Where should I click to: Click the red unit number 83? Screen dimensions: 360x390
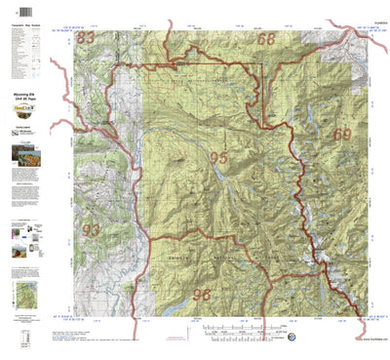click(x=88, y=38)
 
